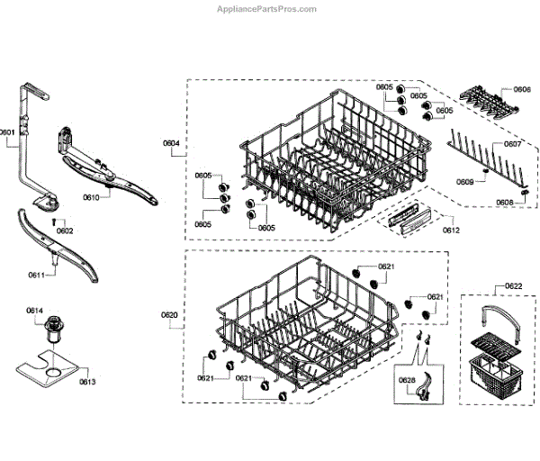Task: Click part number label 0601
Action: [8, 132]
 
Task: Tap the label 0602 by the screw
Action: [65, 230]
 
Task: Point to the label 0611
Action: [36, 275]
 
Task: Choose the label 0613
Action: [87, 382]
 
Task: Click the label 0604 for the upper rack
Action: [171, 143]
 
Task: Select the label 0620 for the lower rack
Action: [169, 314]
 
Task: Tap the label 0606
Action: [522, 90]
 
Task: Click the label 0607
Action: [512, 144]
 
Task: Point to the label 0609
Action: [464, 182]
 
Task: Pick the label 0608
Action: [504, 203]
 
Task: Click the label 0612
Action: [451, 231]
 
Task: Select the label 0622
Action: [513, 286]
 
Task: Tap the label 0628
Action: [407, 380]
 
